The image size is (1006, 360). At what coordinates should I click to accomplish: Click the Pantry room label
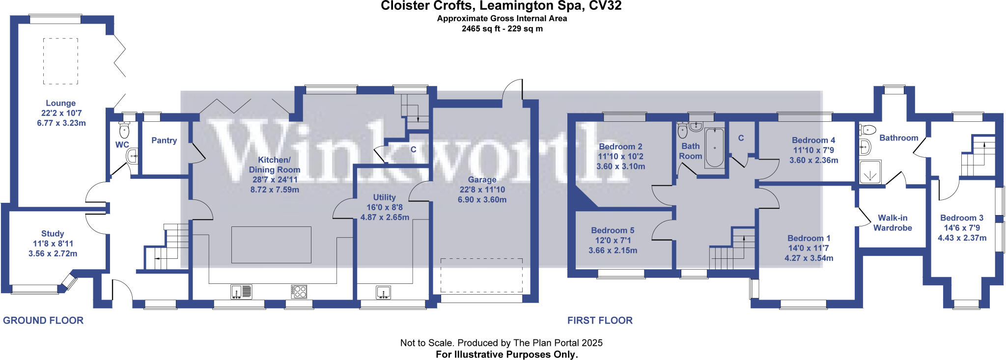coord(164,140)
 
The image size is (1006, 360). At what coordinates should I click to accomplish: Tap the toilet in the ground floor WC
coord(124,131)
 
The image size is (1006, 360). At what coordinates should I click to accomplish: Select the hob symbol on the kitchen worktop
coord(299,292)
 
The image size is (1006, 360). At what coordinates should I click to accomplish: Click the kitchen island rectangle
coord(271,245)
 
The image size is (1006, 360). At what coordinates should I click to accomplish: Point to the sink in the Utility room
coord(384,293)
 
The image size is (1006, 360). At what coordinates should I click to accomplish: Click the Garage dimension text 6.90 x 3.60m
coord(482,200)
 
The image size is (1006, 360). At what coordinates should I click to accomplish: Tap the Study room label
coord(53,234)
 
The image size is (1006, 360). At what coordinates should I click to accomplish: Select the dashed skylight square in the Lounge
coord(60,61)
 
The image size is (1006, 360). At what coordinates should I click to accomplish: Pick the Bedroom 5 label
coord(613,230)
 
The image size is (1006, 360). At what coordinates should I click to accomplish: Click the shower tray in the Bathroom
coord(870,172)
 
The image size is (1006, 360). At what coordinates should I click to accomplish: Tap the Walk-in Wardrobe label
coord(893,223)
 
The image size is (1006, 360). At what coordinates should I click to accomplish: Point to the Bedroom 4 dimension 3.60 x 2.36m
coord(813,161)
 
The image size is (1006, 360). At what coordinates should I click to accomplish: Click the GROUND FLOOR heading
coord(43,321)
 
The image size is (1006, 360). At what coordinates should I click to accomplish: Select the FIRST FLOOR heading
coord(600,321)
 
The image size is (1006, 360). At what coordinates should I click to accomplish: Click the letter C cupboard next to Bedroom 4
coord(741,138)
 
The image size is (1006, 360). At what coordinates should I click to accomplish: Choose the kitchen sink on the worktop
coord(241,292)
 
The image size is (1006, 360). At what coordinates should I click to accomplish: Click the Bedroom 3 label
coord(961,218)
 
